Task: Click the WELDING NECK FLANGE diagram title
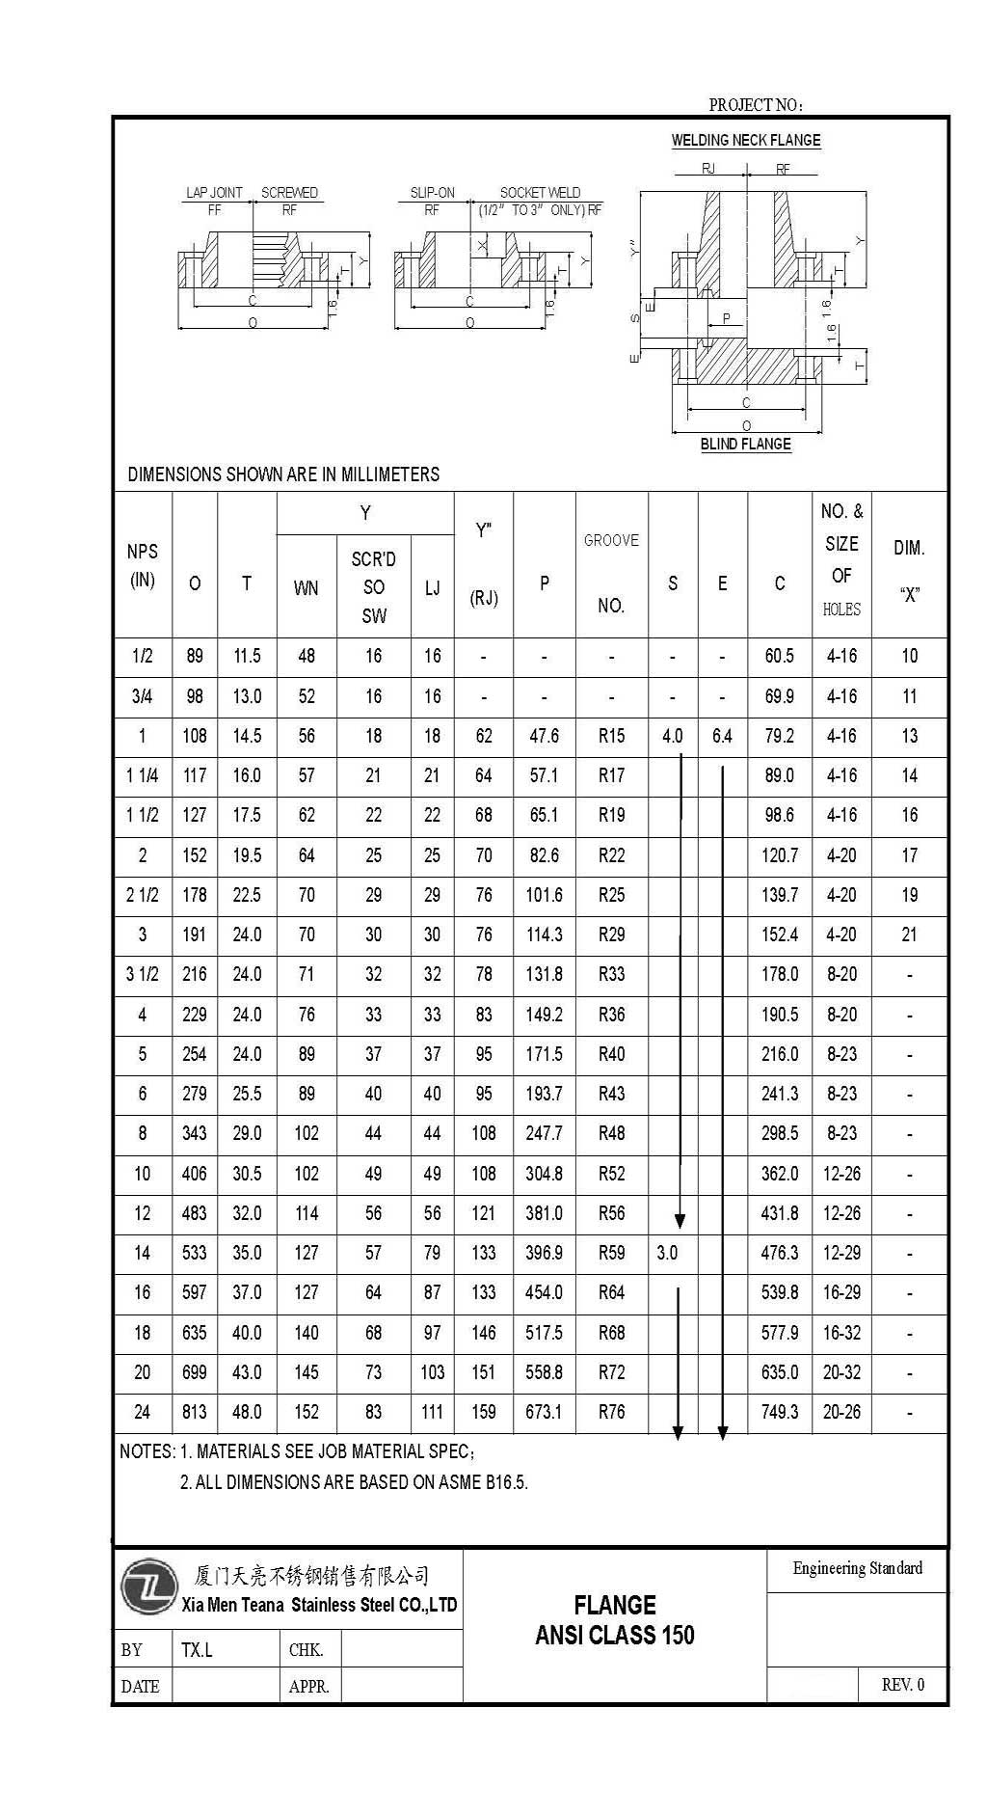pyautogui.click(x=746, y=141)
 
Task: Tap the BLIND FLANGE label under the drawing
pyautogui.click(x=745, y=445)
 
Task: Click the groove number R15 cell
pyautogui.click(x=611, y=737)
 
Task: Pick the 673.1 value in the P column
pyautogui.click(x=544, y=1412)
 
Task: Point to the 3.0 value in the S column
pyautogui.click(x=667, y=1254)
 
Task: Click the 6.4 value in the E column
pyautogui.click(x=722, y=737)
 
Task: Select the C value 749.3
pyautogui.click(x=780, y=1412)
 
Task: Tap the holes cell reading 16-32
pyautogui.click(x=841, y=1333)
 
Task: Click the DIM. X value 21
pyautogui.click(x=909, y=935)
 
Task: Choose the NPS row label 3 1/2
pyautogui.click(x=143, y=974)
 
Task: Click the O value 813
pyautogui.click(x=195, y=1412)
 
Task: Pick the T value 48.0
pyautogui.click(x=247, y=1412)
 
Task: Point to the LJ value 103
pyautogui.click(x=432, y=1372)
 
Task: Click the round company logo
pyautogui.click(x=148, y=1587)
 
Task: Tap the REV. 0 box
pyautogui.click(x=902, y=1685)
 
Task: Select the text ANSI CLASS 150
pyautogui.click(x=614, y=1636)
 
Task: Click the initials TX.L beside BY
pyautogui.click(x=197, y=1650)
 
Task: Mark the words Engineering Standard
pyautogui.click(x=857, y=1568)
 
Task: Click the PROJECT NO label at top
pyautogui.click(x=756, y=105)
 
